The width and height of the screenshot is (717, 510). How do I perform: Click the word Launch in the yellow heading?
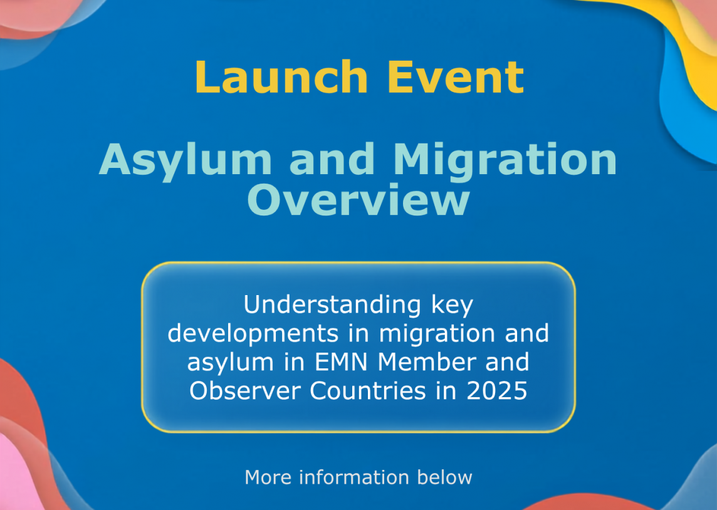click(x=281, y=76)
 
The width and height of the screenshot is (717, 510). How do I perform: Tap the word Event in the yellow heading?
click(x=456, y=76)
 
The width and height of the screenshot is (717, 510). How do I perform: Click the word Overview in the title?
click(x=358, y=199)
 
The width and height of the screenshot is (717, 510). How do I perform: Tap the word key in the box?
click(x=453, y=305)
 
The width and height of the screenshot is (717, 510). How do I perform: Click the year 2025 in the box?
click(x=496, y=391)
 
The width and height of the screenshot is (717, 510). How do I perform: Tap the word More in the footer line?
click(x=268, y=477)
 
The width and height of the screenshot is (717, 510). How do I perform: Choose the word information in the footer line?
click(x=354, y=477)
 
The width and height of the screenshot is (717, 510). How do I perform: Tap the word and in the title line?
click(x=332, y=160)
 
